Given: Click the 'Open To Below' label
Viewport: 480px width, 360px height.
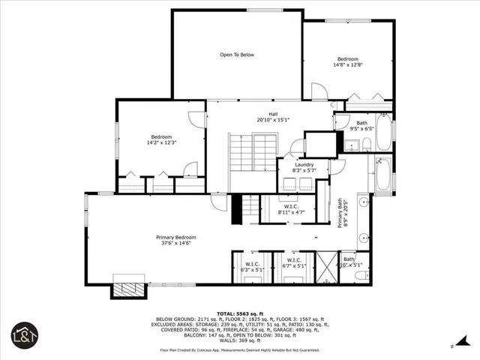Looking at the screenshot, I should tap(237, 55).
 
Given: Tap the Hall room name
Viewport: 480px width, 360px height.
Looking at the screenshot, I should tap(262, 114).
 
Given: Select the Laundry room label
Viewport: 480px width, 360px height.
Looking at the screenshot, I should tap(304, 164).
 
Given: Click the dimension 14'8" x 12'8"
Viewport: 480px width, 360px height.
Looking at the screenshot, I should tap(347, 65).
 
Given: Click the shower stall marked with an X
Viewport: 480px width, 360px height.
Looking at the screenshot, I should tap(327, 268).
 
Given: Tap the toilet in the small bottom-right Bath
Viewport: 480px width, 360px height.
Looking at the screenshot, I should tap(361, 275).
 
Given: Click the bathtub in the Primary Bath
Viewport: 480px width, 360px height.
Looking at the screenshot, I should tap(382, 176).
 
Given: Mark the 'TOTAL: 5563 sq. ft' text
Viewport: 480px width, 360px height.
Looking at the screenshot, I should tap(239, 313).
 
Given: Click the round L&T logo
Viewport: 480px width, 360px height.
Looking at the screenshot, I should tap(25, 335).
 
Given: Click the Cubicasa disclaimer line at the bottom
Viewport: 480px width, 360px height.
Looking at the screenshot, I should tap(239, 350).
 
